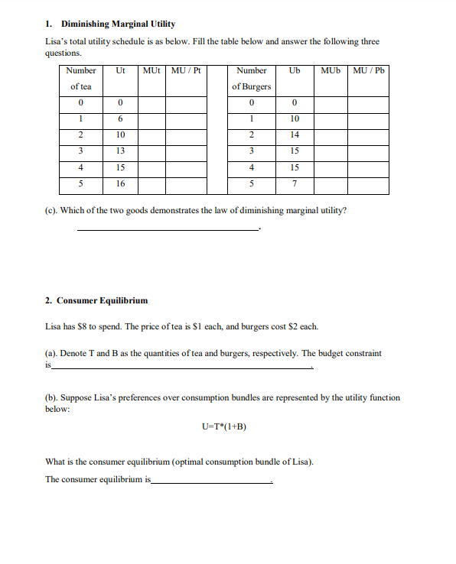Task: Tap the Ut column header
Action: [x=120, y=71]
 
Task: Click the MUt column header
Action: [x=151, y=71]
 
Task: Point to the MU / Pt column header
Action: [x=186, y=71]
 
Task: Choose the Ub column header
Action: [x=295, y=71]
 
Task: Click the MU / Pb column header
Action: [x=368, y=71]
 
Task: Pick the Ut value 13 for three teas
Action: [x=120, y=151]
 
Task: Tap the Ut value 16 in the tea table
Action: [x=120, y=183]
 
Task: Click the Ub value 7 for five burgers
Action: [x=295, y=183]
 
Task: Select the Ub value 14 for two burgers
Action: [x=295, y=135]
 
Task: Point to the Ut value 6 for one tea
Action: [x=120, y=118]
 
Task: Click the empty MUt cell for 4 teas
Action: [x=151, y=167]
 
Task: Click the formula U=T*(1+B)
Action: [x=223, y=426]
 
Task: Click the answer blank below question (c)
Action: [x=168, y=229]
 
